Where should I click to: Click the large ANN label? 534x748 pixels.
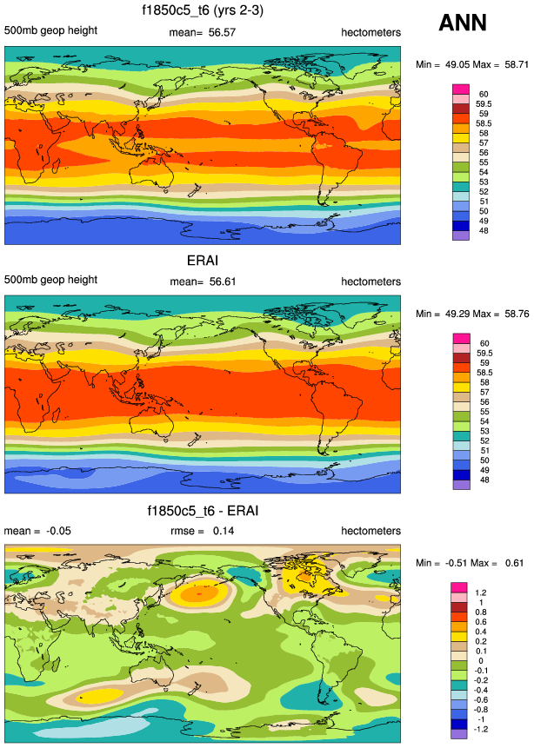(462, 23)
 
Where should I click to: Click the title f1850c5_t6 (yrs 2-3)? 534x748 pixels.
(203, 11)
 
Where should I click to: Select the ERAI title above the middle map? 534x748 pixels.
(202, 261)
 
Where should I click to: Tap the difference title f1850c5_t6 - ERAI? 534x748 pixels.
(202, 510)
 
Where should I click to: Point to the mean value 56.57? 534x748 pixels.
(220, 32)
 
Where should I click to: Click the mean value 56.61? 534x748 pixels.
(220, 281)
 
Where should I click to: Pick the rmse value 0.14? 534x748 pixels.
(223, 531)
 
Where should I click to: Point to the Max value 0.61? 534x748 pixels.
(512, 563)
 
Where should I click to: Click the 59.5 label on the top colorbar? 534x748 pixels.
(485, 103)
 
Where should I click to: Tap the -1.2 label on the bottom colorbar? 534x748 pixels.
(484, 728)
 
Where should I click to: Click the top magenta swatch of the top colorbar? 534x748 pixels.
(460, 89)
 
